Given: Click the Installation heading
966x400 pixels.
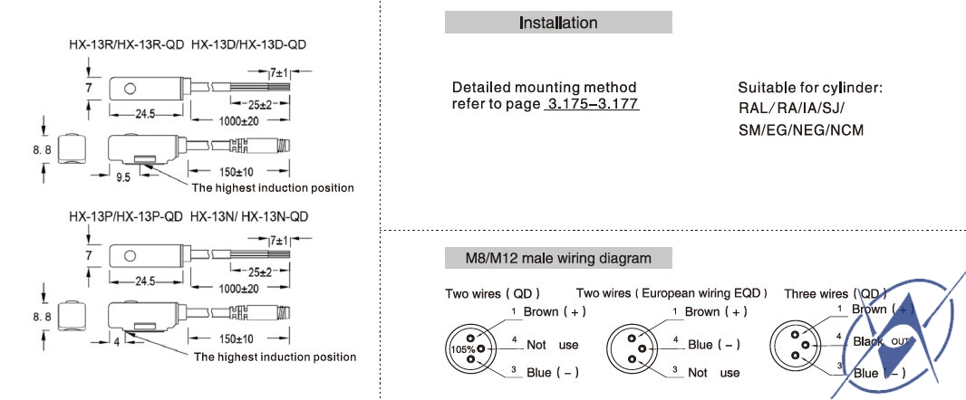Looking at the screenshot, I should coord(557,23).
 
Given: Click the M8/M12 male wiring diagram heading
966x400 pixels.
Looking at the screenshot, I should coord(557,258).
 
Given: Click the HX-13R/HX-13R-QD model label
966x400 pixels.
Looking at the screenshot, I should coord(126,44).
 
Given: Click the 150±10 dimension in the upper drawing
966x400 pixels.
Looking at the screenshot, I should coord(236,170).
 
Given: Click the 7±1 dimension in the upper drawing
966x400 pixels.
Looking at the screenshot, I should coord(275,71).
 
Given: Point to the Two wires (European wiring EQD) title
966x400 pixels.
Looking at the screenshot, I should coord(671,293).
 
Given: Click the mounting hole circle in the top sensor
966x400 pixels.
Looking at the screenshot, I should coord(130,89).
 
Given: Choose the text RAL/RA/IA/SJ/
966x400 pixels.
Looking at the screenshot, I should coord(791,109).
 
